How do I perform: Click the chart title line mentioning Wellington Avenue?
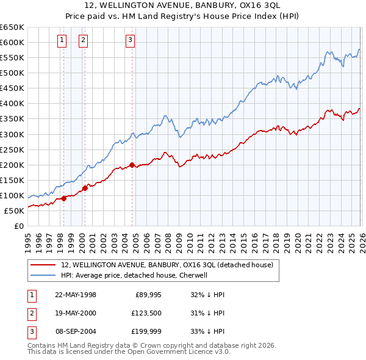(183, 5)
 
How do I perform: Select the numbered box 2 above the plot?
(83, 41)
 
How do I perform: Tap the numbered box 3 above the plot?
(131, 41)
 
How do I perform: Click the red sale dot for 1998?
(64, 198)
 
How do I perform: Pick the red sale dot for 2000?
(85, 188)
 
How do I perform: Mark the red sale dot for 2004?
(132, 165)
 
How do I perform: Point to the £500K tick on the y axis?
(12, 73)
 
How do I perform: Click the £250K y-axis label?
(12, 149)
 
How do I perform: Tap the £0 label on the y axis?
(18, 226)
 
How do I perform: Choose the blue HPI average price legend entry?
(134, 275)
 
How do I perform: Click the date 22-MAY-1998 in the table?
(76, 295)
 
